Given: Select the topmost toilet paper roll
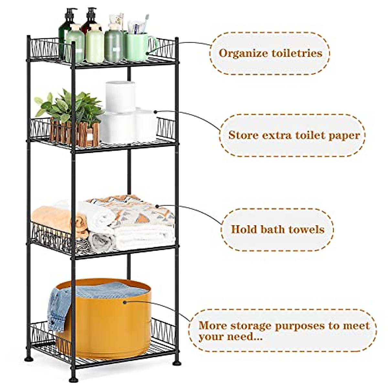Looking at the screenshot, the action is tap(120, 96).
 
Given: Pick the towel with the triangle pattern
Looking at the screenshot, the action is tap(136, 210).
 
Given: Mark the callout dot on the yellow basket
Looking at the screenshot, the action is tap(124, 302).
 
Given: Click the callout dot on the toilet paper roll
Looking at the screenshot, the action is tap(155, 112).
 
